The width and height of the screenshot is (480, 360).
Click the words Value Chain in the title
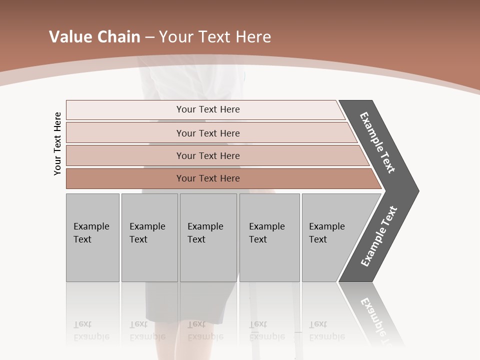click(x=94, y=37)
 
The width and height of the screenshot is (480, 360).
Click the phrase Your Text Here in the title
click(x=214, y=37)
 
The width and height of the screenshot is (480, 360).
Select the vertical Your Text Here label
click(x=57, y=143)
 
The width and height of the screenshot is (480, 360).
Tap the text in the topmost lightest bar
click(x=208, y=109)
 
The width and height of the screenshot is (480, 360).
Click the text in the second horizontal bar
click(x=208, y=133)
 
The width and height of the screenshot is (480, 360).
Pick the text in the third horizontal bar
click(x=208, y=156)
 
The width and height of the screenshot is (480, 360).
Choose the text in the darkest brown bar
click(x=208, y=178)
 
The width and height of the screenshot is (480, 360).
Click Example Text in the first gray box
click(x=91, y=233)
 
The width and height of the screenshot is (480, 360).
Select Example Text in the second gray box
click(x=147, y=233)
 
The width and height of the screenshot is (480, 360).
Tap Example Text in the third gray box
click(x=205, y=233)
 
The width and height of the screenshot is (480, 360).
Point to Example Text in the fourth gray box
click(x=266, y=233)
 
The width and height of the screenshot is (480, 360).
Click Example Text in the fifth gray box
click(x=326, y=233)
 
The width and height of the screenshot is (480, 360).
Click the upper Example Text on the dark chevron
click(x=377, y=142)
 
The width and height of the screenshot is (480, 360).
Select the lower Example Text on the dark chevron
click(x=378, y=236)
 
